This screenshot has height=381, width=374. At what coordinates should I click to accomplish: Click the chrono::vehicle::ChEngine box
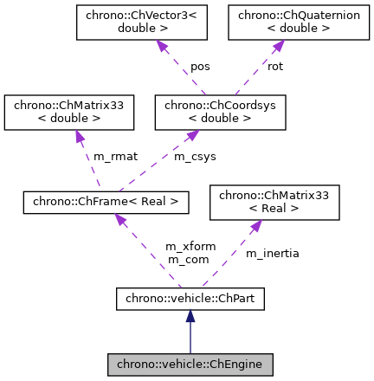click(190, 365)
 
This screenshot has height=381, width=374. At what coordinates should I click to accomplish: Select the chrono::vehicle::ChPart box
click(190, 300)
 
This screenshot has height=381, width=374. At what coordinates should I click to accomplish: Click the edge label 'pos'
click(200, 67)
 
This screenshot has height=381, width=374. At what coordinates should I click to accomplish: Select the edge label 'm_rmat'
click(115, 157)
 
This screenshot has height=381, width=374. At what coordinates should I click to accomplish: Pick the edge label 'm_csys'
click(195, 157)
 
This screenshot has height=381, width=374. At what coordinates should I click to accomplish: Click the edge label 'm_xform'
click(190, 247)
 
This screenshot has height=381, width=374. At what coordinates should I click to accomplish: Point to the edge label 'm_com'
click(188, 260)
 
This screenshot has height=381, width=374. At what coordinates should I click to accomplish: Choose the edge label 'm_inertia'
click(273, 254)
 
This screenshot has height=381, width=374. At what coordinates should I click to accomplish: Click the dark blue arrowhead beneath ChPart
click(190, 318)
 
